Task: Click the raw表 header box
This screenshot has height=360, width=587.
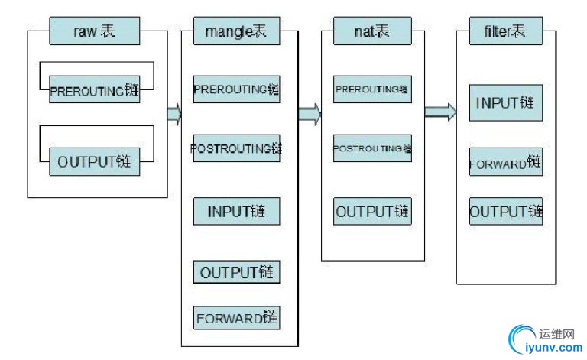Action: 96,32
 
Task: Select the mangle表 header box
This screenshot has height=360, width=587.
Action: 235,32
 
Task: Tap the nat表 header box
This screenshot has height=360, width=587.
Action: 372,32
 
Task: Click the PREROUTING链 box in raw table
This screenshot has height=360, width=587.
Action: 95,91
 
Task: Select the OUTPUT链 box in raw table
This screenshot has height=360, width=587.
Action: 95,162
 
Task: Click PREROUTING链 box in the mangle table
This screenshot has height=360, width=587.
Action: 236,89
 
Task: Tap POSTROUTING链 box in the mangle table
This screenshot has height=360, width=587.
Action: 236,148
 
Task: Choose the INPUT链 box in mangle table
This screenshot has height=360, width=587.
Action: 236,212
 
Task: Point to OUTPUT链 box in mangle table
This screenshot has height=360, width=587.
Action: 236,272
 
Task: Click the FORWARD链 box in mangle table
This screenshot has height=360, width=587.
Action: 236,318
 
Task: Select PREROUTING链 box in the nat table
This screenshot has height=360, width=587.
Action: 372,89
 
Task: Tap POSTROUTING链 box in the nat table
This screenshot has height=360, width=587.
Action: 372,148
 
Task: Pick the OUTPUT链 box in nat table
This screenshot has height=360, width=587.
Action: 372,211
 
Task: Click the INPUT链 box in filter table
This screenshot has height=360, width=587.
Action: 506,103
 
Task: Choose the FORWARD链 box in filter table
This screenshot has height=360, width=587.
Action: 506,163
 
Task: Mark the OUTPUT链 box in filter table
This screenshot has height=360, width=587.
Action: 506,212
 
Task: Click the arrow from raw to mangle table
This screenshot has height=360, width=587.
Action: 174,114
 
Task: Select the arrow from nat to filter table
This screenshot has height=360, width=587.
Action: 440,112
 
